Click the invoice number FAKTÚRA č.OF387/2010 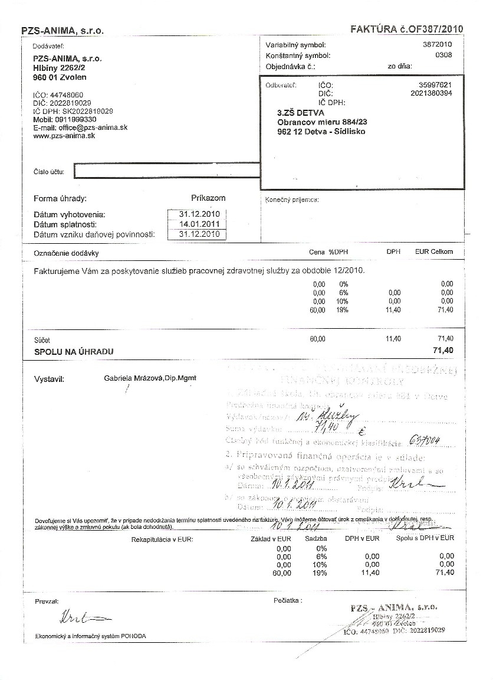click(x=407, y=28)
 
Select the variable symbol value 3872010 click(x=438, y=45)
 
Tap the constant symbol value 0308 click(x=443, y=55)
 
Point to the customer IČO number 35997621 click(x=434, y=85)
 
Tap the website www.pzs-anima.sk click(x=64, y=136)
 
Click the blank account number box click(x=166, y=171)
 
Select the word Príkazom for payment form click(x=208, y=198)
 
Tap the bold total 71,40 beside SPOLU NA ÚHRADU click(x=443, y=351)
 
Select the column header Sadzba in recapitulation click(x=316, y=538)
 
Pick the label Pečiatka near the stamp click(x=287, y=600)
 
